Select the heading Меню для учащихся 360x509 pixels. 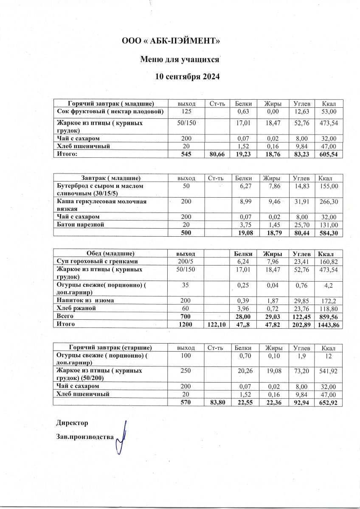(180, 59)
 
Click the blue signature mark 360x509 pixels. (122, 437)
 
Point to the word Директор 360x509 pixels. (72, 423)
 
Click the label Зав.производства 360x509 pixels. (85, 436)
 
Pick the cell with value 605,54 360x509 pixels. (329, 154)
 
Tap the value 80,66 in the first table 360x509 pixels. (217, 154)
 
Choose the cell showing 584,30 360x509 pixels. (329, 233)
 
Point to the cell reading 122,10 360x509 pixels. (217, 324)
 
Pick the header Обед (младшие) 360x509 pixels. (110, 253)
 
